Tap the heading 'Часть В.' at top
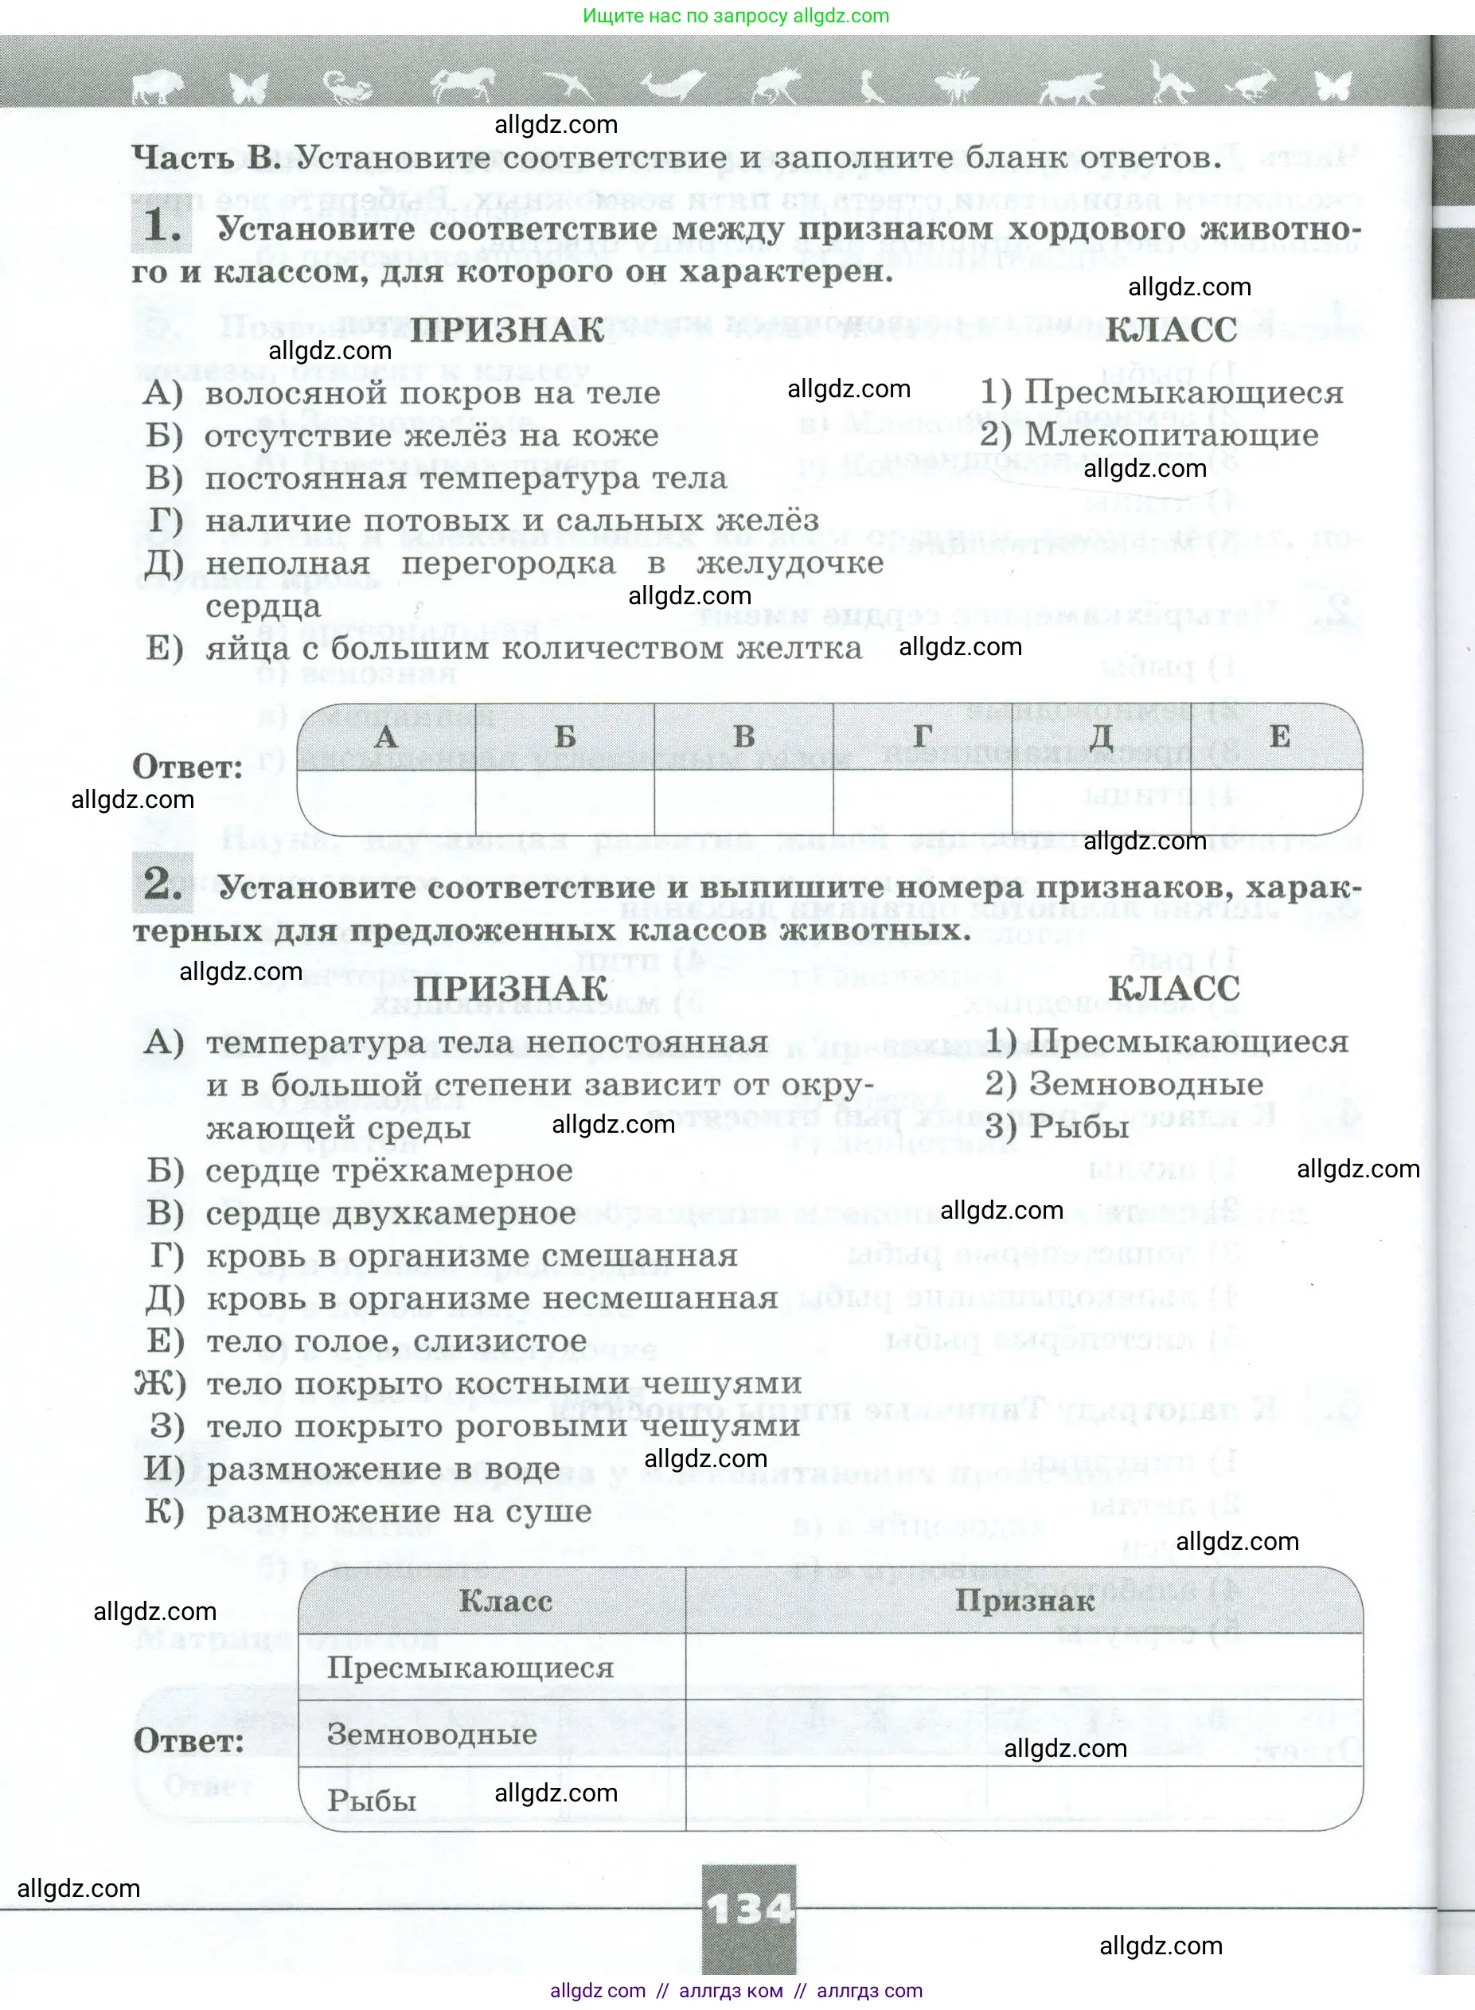coord(206,158)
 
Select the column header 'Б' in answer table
coord(565,736)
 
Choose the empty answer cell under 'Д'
coord(1101,802)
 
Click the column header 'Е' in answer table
coord(1278,736)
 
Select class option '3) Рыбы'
coord(1056,1127)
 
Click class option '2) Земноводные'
coord(1124,1084)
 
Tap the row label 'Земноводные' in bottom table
coord(432,1734)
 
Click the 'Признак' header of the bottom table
coord(1024,1601)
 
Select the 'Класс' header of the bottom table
coord(505,1601)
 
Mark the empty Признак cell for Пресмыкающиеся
coord(1024,1667)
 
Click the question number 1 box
coord(162,225)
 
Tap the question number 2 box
coord(162,884)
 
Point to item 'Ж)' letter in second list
coord(160,1384)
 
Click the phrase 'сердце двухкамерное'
coord(390,1213)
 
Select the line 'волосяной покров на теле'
coord(432,393)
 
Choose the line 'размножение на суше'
coord(399,1512)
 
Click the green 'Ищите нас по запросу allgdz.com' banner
coord(736,16)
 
